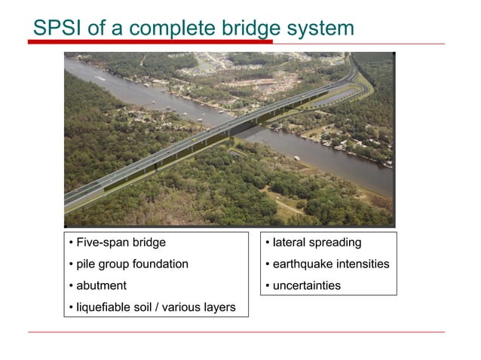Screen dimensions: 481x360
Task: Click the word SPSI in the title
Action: [57, 28]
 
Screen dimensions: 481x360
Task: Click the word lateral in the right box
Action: [290, 243]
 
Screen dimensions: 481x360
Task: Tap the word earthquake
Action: [305, 264]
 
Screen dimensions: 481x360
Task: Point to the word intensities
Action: [365, 264]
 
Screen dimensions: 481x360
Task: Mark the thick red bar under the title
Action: [151, 42]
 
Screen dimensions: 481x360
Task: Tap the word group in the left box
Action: [113, 265]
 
